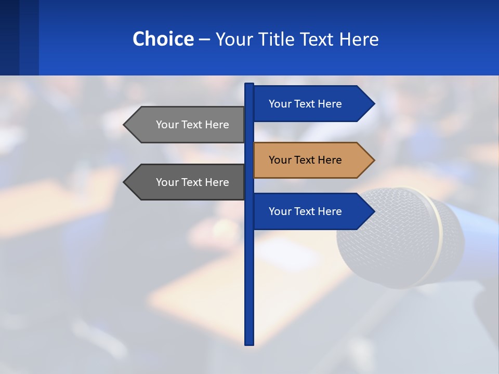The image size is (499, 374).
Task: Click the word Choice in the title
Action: pyautogui.click(x=163, y=39)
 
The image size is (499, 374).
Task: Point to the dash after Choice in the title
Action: pyautogui.click(x=204, y=39)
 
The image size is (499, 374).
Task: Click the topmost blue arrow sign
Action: pyautogui.click(x=307, y=104)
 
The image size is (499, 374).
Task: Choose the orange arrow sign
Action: pyautogui.click(x=307, y=160)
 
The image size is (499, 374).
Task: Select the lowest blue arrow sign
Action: pyautogui.click(x=307, y=211)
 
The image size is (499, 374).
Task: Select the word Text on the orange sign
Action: pyautogui.click(x=306, y=160)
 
